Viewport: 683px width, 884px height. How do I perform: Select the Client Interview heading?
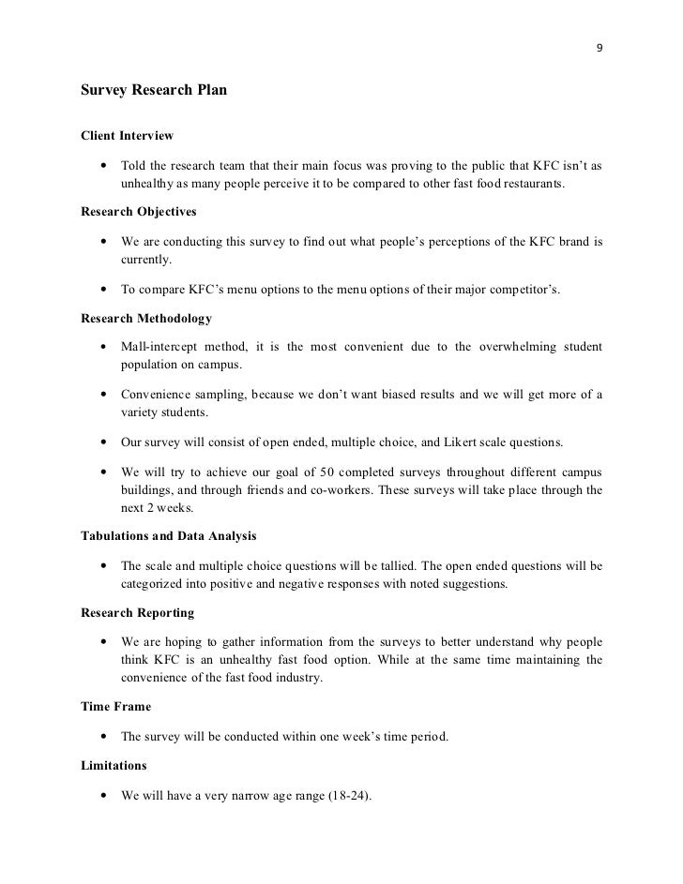click(128, 136)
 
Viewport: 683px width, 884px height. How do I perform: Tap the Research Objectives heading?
click(139, 212)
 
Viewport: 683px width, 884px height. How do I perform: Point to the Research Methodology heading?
click(146, 319)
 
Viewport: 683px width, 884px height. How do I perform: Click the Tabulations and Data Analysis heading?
click(170, 536)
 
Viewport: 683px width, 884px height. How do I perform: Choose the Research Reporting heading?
click(138, 612)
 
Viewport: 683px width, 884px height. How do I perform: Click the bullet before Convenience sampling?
click(99, 395)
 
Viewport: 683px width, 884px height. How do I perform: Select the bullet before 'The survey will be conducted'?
click(99, 737)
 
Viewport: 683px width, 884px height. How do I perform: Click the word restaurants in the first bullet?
click(533, 183)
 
